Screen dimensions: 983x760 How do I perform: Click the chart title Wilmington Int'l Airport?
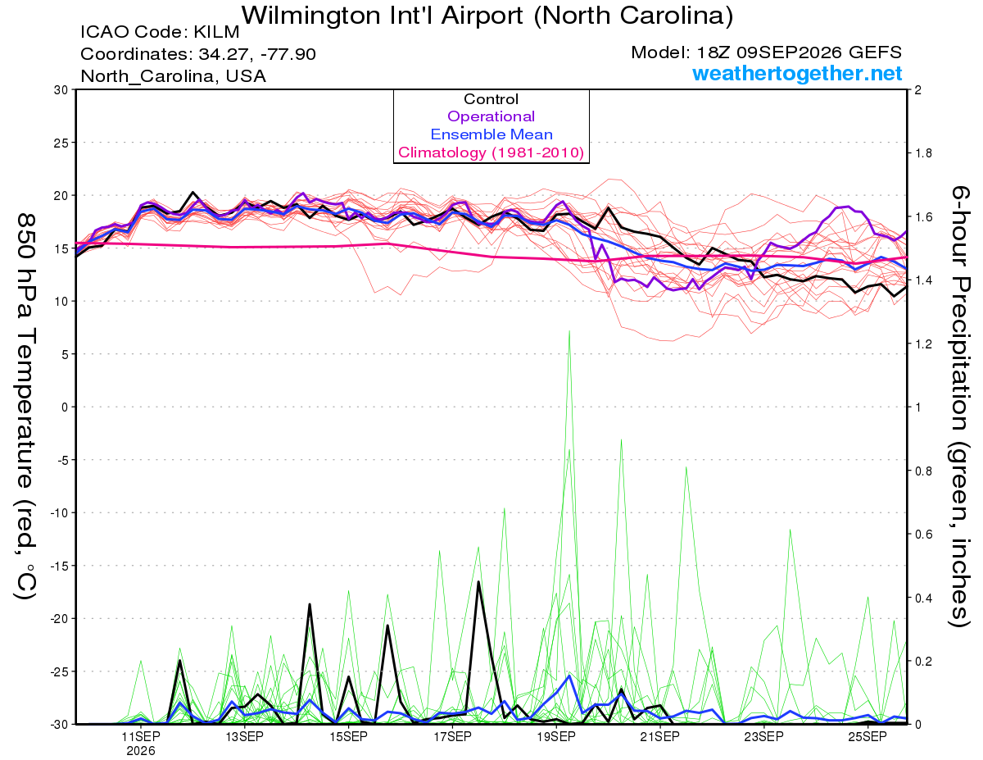[383, 16]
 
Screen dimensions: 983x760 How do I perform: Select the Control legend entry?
[491, 99]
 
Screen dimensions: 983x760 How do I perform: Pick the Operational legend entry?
[491, 116]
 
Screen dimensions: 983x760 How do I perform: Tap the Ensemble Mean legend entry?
[491, 134]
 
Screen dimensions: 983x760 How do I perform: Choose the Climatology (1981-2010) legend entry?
[491, 152]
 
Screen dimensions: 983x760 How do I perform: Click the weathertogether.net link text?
[797, 74]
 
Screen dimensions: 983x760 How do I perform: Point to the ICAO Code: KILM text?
[160, 32]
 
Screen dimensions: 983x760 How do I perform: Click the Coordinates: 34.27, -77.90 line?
[198, 54]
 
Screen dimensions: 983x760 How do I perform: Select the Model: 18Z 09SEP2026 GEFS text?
[766, 52]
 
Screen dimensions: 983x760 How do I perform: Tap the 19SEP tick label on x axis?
[556, 736]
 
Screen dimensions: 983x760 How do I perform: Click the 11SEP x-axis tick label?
[141, 736]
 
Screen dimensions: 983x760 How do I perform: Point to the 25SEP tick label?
[867, 736]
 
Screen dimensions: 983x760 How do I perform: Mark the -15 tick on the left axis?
[60, 566]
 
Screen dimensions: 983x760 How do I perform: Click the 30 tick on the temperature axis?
[61, 90]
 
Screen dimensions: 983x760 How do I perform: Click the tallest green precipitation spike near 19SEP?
[569, 331]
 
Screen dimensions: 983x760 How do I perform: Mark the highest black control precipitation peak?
[478, 582]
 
